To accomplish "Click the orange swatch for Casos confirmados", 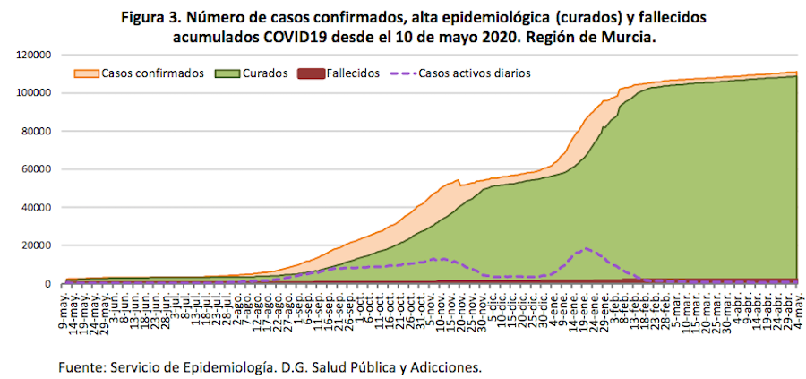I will click(87, 73).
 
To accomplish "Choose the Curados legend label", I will click(264, 73).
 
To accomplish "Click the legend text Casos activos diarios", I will click(475, 73).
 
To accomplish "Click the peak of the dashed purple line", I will click(587, 248).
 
